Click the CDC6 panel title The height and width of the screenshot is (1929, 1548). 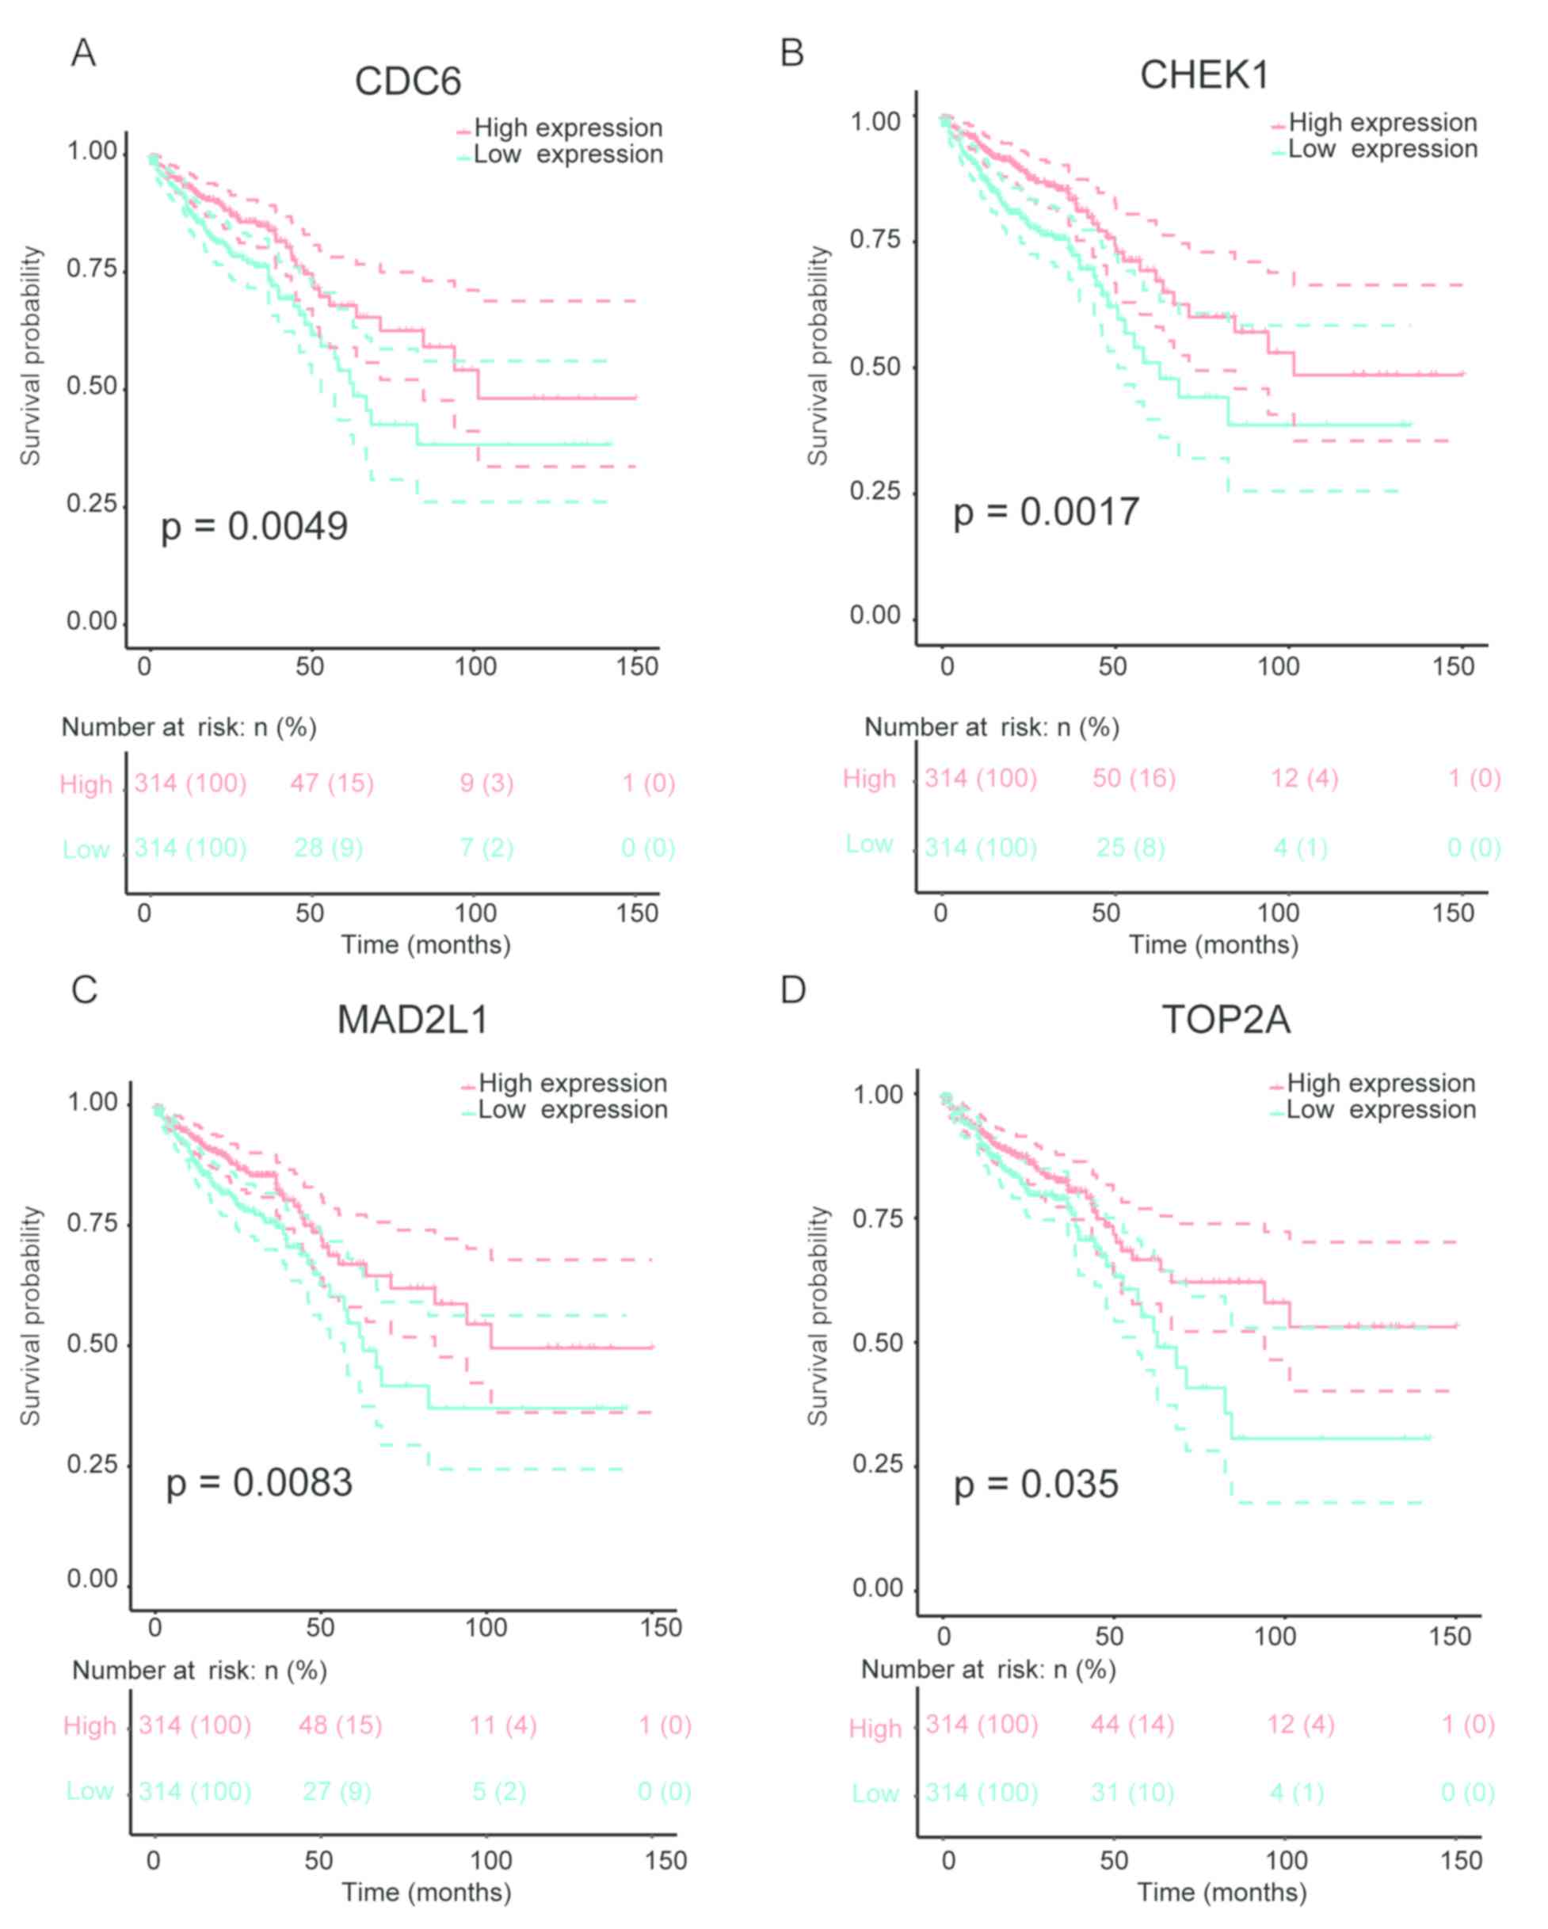click(408, 82)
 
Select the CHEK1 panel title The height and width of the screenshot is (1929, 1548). click(1204, 75)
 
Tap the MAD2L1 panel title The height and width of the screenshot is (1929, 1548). click(413, 1019)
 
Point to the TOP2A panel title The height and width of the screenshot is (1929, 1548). click(1226, 1019)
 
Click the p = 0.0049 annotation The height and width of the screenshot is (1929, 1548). click(254, 526)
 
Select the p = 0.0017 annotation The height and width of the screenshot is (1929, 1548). click(1046, 512)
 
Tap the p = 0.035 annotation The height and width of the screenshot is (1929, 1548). click(1035, 1485)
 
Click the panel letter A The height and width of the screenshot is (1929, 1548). click(83, 53)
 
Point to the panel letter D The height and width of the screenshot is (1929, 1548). click(793, 989)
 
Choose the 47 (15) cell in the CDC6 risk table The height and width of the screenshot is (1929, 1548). click(331, 783)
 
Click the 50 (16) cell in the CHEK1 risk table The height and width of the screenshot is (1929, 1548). click(1134, 779)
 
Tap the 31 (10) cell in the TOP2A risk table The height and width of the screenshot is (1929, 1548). click(1132, 1793)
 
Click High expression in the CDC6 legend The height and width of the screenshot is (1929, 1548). click(568, 128)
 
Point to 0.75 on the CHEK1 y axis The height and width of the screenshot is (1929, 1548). click(875, 240)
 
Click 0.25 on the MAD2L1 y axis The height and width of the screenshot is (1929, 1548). click(92, 1464)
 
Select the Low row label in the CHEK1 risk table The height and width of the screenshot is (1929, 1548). click(869, 844)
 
